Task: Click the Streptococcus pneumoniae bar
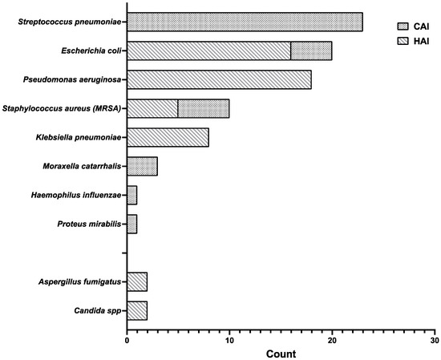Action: pos(245,22)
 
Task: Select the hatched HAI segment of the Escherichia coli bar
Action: pos(208,51)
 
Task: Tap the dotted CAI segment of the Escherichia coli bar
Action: pos(311,51)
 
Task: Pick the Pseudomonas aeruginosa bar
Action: pos(219,79)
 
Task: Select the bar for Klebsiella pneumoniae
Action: pos(168,137)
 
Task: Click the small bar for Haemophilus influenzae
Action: pos(132,195)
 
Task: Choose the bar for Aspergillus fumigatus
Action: pos(137,281)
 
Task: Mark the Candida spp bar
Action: pos(137,309)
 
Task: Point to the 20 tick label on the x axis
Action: pos(332,341)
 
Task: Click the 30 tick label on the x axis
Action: pos(434,341)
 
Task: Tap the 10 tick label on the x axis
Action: pos(229,341)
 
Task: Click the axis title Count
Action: pos(281,354)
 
